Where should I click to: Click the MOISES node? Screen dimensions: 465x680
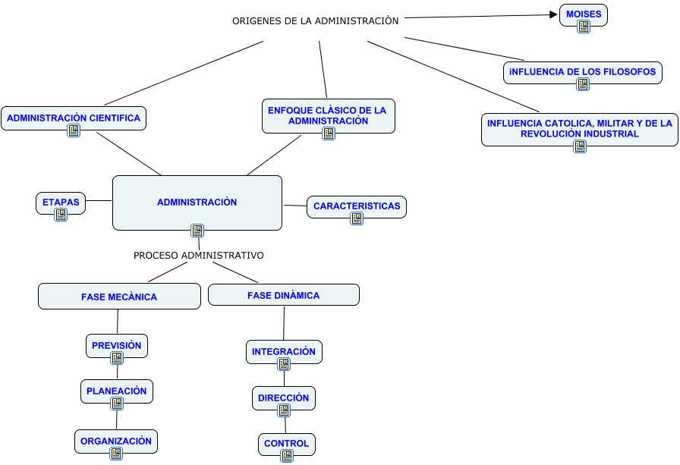pyautogui.click(x=583, y=14)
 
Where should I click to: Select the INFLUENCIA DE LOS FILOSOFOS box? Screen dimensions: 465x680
pyautogui.click(x=583, y=72)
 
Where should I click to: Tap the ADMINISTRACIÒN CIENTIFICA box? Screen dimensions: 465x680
pyautogui.click(x=74, y=118)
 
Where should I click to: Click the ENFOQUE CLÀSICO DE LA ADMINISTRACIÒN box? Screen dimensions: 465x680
pyautogui.click(x=328, y=115)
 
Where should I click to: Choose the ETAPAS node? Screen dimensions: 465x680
pyautogui.click(x=61, y=203)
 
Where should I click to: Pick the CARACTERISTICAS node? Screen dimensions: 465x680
pyautogui.click(x=356, y=206)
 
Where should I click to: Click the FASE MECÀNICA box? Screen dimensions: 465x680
pyautogui.click(x=119, y=297)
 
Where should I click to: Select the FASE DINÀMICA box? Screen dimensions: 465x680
pyautogui.click(x=283, y=295)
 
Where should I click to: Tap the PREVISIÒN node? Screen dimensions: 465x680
pyautogui.click(x=116, y=345)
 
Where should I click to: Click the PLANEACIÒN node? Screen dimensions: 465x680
pyautogui.click(x=116, y=391)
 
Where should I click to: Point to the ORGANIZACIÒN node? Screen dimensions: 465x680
pyautogui.click(x=116, y=441)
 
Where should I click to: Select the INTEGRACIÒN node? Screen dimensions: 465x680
pyautogui.click(x=284, y=351)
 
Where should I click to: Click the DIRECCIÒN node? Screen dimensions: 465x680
pyautogui.click(x=283, y=397)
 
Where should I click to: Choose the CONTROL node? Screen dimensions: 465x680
pyautogui.click(x=286, y=444)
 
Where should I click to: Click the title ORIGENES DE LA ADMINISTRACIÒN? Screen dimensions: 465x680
pyautogui.click(x=315, y=20)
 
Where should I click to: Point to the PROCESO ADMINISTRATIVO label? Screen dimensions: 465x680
pyautogui.click(x=199, y=256)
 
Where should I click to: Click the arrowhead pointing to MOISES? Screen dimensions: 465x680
pyautogui.click(x=554, y=14)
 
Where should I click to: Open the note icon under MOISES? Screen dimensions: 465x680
pyautogui.click(x=583, y=26)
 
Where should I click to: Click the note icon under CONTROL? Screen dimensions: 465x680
pyautogui.click(x=286, y=455)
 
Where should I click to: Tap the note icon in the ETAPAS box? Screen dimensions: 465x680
pyautogui.click(x=61, y=215)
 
